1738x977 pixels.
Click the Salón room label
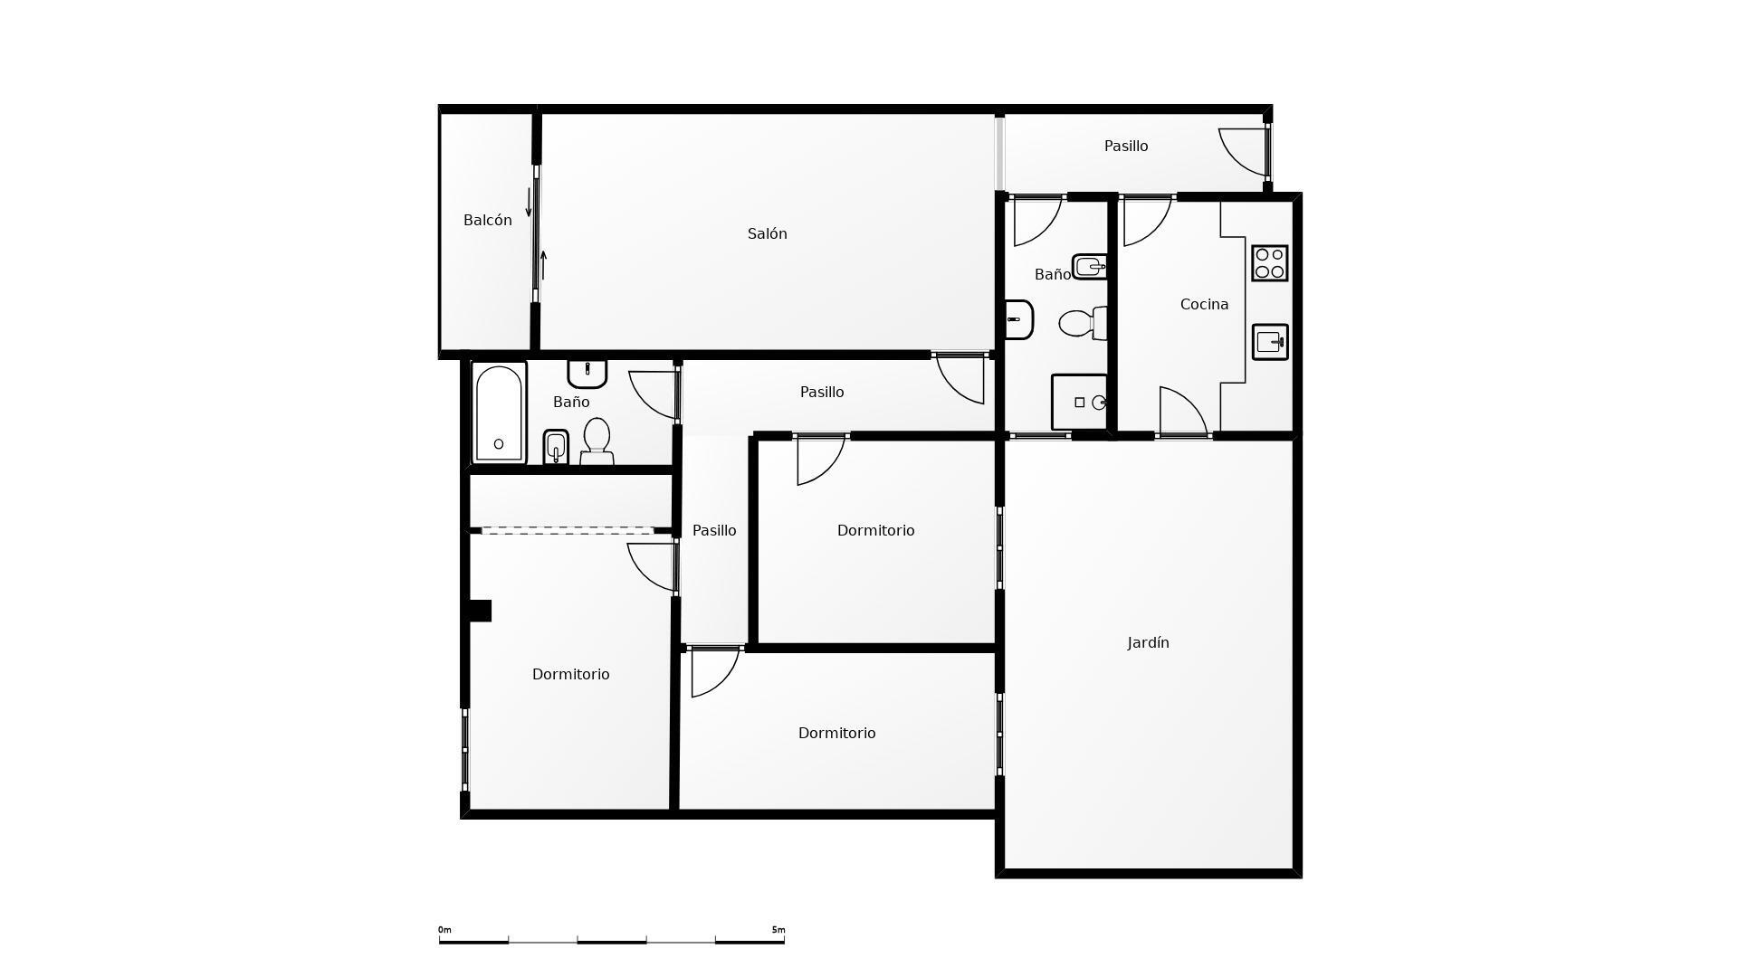[767, 233]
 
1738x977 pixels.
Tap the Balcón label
[487, 220]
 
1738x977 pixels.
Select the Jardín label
[1148, 642]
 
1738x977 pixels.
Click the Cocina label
[1204, 304]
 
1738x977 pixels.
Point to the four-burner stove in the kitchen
[1269, 263]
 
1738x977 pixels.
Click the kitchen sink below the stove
[1269, 342]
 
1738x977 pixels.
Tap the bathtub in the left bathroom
[499, 413]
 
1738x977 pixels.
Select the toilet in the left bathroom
[597, 441]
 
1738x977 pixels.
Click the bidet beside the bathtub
[555, 447]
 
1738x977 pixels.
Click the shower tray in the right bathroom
[1079, 402]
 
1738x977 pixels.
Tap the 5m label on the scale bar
[778, 930]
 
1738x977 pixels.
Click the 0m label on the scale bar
[444, 930]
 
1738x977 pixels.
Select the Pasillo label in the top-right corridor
[1126, 146]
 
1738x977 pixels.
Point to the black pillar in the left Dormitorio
[480, 611]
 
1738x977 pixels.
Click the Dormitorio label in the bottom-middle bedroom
[836, 733]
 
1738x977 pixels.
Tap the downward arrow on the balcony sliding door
[529, 202]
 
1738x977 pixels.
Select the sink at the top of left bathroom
[587, 373]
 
